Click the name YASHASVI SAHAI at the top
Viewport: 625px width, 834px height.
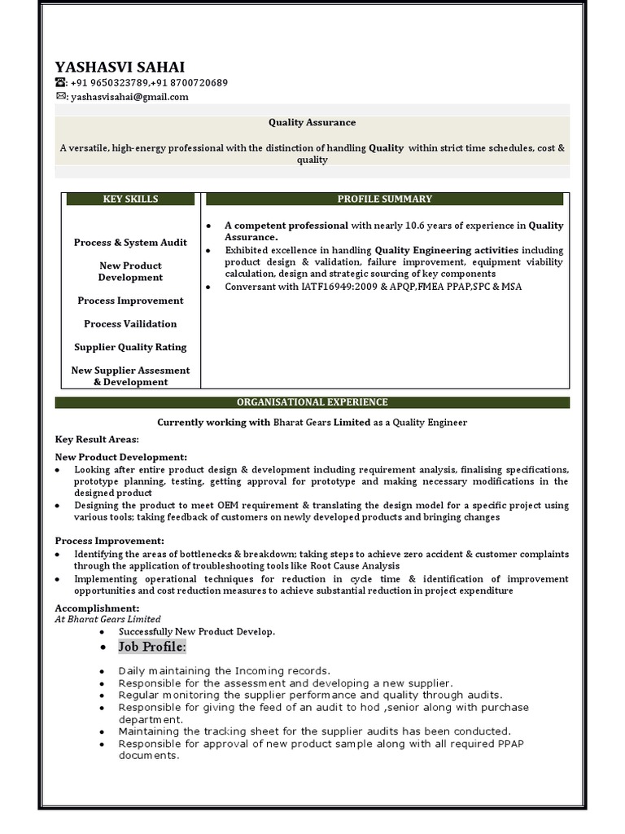[120, 67]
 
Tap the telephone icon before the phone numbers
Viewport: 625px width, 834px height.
[60, 83]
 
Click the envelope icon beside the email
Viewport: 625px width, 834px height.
[60, 96]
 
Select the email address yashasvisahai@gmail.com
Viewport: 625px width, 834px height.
[129, 97]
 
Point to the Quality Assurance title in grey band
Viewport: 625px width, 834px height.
[312, 122]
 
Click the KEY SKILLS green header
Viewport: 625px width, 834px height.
[130, 199]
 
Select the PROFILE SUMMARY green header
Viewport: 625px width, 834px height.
[384, 199]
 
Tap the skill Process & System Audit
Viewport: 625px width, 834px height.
[130, 243]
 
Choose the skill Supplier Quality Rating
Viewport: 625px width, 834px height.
[130, 347]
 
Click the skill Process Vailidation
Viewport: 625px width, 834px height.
[130, 324]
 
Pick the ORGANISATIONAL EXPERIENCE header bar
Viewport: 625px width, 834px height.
[312, 402]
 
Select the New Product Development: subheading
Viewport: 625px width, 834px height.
[120, 457]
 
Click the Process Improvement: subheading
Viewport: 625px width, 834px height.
[109, 541]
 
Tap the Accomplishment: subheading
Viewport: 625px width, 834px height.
[97, 608]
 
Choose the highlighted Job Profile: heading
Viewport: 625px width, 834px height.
[152, 647]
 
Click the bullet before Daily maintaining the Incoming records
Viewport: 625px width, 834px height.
[102, 671]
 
